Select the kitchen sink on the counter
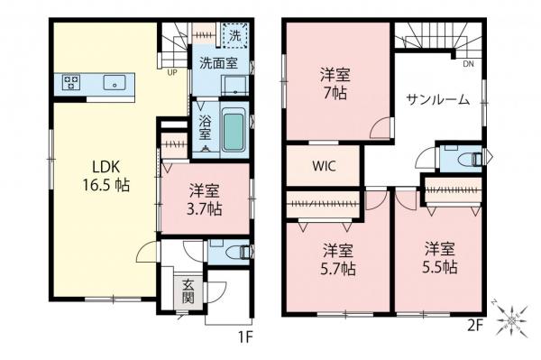click(115, 84)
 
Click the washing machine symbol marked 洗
click(234, 37)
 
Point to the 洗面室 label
click(218, 65)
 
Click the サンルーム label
click(437, 100)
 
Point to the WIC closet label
click(325, 166)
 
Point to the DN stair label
click(468, 65)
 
